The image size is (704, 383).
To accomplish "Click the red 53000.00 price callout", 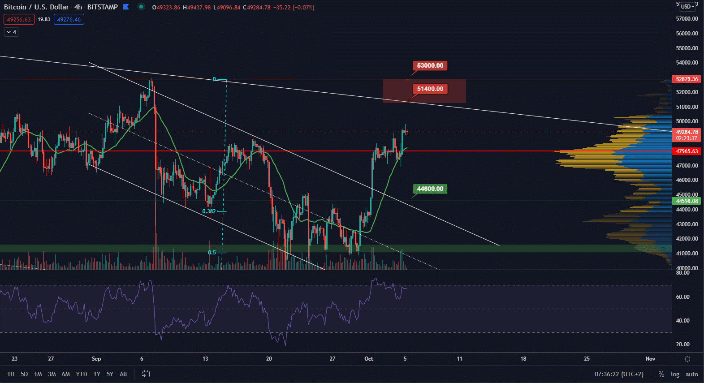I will pyautogui.click(x=430, y=66).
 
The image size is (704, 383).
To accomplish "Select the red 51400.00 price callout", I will pyautogui.click(x=430, y=89).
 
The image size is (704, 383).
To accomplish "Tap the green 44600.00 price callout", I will pyautogui.click(x=430, y=189).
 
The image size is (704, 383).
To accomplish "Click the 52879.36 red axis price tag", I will pyautogui.click(x=687, y=79).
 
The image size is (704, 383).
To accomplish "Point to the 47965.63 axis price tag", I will pyautogui.click(x=687, y=151).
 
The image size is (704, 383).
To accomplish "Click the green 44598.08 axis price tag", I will pyautogui.click(x=687, y=201).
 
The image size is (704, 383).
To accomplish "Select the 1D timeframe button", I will pyautogui.click(x=11, y=374).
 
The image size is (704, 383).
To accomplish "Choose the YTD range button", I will pyautogui.click(x=81, y=374).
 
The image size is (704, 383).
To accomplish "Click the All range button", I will pyautogui.click(x=123, y=374).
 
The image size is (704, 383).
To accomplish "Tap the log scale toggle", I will pyautogui.click(x=675, y=374).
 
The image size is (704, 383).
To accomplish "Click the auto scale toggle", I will pyautogui.click(x=692, y=374).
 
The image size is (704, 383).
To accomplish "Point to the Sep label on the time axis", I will pyautogui.click(x=96, y=359).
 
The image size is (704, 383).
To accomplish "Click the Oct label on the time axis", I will pyautogui.click(x=369, y=359).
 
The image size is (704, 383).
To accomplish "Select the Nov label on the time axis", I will pyautogui.click(x=650, y=359).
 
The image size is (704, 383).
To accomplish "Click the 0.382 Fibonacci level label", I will pyautogui.click(x=209, y=211).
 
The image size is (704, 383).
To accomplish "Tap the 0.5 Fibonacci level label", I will pyautogui.click(x=212, y=253).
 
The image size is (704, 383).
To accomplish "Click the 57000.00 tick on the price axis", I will pyautogui.click(x=687, y=19).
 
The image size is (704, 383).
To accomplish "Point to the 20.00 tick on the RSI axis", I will pyautogui.click(x=682, y=344).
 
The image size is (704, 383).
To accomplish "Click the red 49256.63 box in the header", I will pyautogui.click(x=19, y=20).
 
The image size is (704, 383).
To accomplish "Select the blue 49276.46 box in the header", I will pyautogui.click(x=69, y=20).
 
